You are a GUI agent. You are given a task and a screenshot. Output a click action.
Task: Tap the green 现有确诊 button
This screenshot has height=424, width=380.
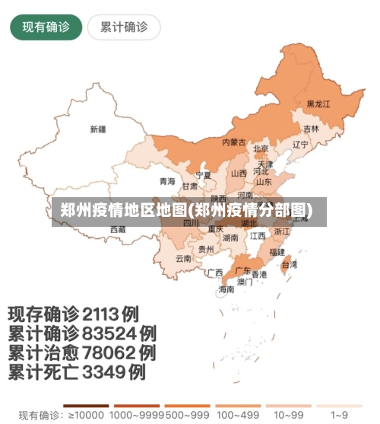pyautogui.click(x=46, y=27)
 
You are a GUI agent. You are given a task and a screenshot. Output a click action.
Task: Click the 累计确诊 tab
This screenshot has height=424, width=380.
pyautogui.click(x=124, y=27)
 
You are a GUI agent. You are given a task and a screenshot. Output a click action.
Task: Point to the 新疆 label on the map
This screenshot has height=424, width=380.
pyautogui.click(x=98, y=129)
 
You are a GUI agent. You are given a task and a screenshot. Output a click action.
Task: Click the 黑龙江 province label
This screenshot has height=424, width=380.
pyautogui.click(x=318, y=104)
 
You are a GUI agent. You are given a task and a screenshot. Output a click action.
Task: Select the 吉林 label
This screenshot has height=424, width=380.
pyautogui.click(x=312, y=129)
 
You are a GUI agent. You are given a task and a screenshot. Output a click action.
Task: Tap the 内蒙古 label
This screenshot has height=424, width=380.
pyautogui.click(x=233, y=142)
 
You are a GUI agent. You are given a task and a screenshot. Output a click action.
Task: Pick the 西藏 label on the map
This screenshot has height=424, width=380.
pyautogui.click(x=118, y=228)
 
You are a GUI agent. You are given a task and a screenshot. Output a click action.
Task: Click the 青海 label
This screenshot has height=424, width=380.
pyautogui.click(x=167, y=181)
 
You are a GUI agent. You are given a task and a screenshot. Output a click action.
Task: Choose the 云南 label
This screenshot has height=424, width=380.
pyautogui.click(x=183, y=258)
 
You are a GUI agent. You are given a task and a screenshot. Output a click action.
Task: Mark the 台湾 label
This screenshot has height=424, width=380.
pyautogui.click(x=290, y=265)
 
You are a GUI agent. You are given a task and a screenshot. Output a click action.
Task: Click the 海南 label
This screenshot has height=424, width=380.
pyautogui.click(x=226, y=289)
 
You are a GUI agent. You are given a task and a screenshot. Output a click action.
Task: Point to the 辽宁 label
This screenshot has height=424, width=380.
pyautogui.click(x=300, y=145)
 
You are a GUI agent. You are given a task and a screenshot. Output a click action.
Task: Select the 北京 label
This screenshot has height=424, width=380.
pyautogui.click(x=261, y=149)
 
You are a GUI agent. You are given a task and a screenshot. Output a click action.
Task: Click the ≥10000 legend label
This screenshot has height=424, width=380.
pyautogui.click(x=84, y=416)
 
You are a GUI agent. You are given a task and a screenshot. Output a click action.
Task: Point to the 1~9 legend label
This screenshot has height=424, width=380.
pyautogui.click(x=340, y=416)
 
